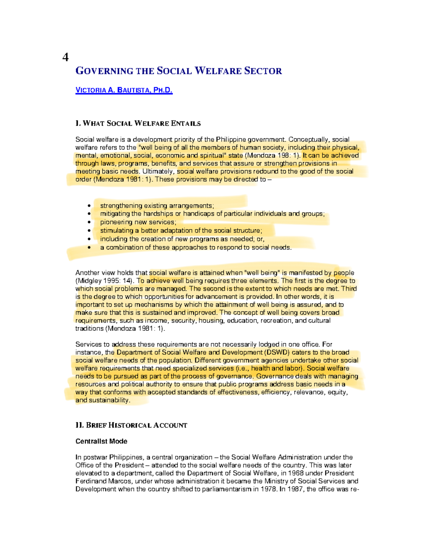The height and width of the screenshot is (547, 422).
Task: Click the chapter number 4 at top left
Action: tap(65, 57)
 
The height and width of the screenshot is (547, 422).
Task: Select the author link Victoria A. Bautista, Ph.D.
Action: tap(124, 90)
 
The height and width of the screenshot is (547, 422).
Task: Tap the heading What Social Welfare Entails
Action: tap(138, 123)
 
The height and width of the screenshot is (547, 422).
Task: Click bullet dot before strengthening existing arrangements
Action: tap(90, 206)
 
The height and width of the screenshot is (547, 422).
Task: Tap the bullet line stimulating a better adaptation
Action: tap(181, 231)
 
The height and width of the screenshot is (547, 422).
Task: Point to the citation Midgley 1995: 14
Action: tap(105, 281)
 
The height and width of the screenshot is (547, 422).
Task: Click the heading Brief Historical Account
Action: tap(131, 425)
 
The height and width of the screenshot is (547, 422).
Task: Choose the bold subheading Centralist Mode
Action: tap(101, 441)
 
